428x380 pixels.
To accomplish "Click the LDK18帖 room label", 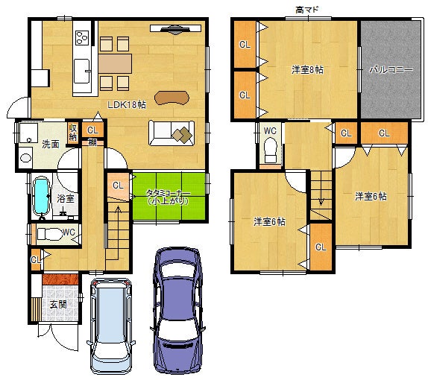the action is pos(126,105).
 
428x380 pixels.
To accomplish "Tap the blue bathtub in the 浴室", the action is pos(42,196).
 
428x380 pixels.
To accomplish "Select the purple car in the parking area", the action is pos(177,310).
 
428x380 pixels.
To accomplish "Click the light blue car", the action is pos(111,326).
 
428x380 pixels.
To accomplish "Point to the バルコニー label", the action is pos(391,70).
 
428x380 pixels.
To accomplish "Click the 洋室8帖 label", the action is pos(307,70).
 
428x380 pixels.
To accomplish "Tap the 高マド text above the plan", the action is pos(307,10).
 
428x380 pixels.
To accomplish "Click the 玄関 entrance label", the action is pos(58,304).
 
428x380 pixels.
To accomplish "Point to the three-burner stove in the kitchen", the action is pos(83,37).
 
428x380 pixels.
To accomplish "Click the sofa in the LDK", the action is pos(171,133).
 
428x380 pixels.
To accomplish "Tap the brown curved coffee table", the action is pos(171,98).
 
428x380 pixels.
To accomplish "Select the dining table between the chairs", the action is pos(115,63).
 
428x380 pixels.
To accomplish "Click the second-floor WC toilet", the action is pos(270,151).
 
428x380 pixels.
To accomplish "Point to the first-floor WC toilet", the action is pos(50,234).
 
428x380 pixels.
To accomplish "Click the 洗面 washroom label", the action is pos(51,145).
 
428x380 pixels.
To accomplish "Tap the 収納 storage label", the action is pos(73,132).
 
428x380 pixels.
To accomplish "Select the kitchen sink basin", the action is pos(82,71).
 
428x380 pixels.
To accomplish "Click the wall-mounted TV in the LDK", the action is pos(175,29).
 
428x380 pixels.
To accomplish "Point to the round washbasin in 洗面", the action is pos(25,158).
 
